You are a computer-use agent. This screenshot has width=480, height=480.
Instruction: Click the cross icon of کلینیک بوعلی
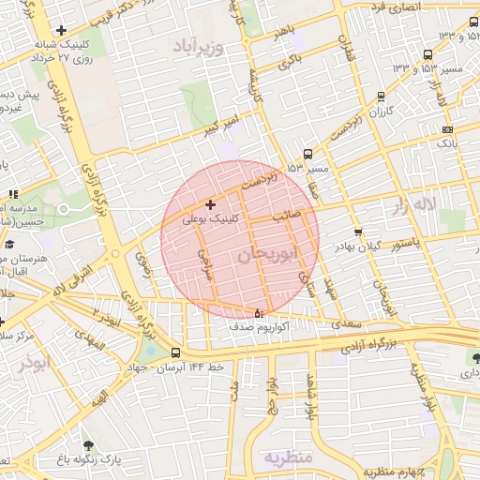pyautogui.click(x=209, y=204)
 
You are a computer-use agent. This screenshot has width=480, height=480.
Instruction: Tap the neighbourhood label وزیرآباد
pyautogui.click(x=198, y=46)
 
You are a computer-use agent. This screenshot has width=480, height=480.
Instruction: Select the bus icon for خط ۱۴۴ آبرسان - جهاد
pyautogui.click(x=176, y=352)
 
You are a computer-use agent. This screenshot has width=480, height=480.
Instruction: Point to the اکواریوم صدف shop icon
pyautogui.click(x=260, y=313)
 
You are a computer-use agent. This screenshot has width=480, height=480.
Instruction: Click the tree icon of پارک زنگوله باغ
pyautogui.click(x=89, y=445)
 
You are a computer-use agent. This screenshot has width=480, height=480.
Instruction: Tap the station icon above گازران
pyautogui.click(x=380, y=96)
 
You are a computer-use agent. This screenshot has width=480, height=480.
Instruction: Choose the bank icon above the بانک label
pyautogui.click(x=447, y=129)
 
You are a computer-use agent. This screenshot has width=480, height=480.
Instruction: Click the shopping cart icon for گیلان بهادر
pyautogui.click(x=358, y=232)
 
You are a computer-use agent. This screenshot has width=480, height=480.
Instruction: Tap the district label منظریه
pyautogui.click(x=286, y=458)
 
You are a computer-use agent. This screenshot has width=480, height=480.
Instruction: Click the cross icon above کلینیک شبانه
pyautogui.click(x=62, y=31)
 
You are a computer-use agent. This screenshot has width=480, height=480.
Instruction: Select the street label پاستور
pyautogui.click(x=409, y=244)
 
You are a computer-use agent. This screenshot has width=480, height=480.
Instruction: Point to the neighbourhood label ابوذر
pyautogui.click(x=31, y=363)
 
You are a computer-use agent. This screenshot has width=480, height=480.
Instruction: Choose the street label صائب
pyautogui.click(x=286, y=215)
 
